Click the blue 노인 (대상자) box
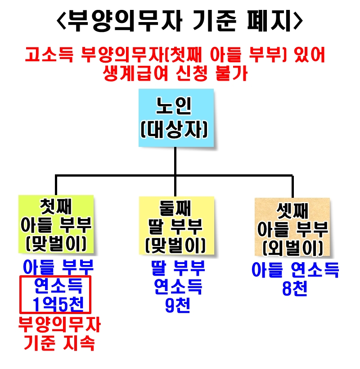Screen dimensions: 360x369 tap(175, 117)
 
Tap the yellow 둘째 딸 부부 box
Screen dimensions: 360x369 tap(175, 223)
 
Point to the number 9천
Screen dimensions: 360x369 tap(178, 306)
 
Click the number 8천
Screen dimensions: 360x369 tap(295, 288)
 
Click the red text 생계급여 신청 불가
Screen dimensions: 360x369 tap(175, 73)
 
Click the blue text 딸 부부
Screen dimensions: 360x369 tap(178, 269)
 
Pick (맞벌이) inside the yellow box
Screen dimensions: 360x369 tap(175, 246)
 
